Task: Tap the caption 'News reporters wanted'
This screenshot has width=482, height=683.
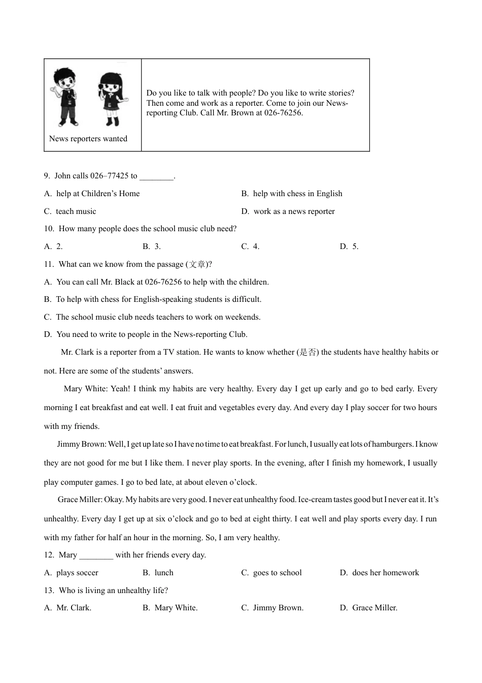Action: (x=88, y=139)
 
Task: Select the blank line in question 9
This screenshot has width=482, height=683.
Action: (x=156, y=176)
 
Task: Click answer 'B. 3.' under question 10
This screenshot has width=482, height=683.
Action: (x=152, y=246)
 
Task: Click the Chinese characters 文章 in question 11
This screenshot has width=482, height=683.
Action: (x=197, y=264)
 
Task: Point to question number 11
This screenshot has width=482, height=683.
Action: (x=49, y=264)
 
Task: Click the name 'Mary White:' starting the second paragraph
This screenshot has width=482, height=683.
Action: (x=85, y=389)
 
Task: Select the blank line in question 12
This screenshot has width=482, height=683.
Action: (x=96, y=555)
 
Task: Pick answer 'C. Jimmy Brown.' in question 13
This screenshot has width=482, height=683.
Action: (x=272, y=608)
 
